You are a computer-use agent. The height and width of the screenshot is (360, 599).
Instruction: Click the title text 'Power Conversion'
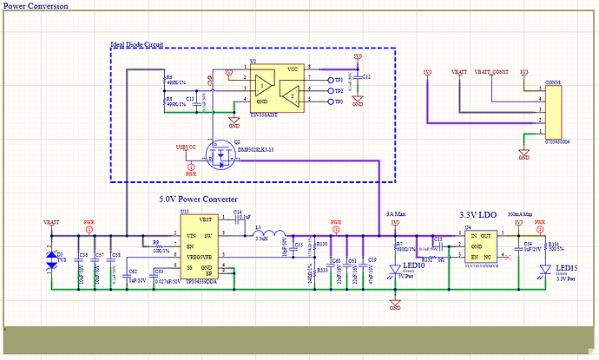click(x=36, y=5)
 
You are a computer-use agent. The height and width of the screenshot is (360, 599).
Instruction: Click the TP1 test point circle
click(x=328, y=80)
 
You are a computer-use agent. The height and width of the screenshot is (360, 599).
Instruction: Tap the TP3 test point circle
click(x=328, y=101)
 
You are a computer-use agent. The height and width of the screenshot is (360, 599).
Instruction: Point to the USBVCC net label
click(x=186, y=145)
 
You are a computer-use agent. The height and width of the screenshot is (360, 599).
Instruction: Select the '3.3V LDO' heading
click(x=477, y=213)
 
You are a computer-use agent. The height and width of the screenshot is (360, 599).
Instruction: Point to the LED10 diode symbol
click(x=395, y=272)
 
